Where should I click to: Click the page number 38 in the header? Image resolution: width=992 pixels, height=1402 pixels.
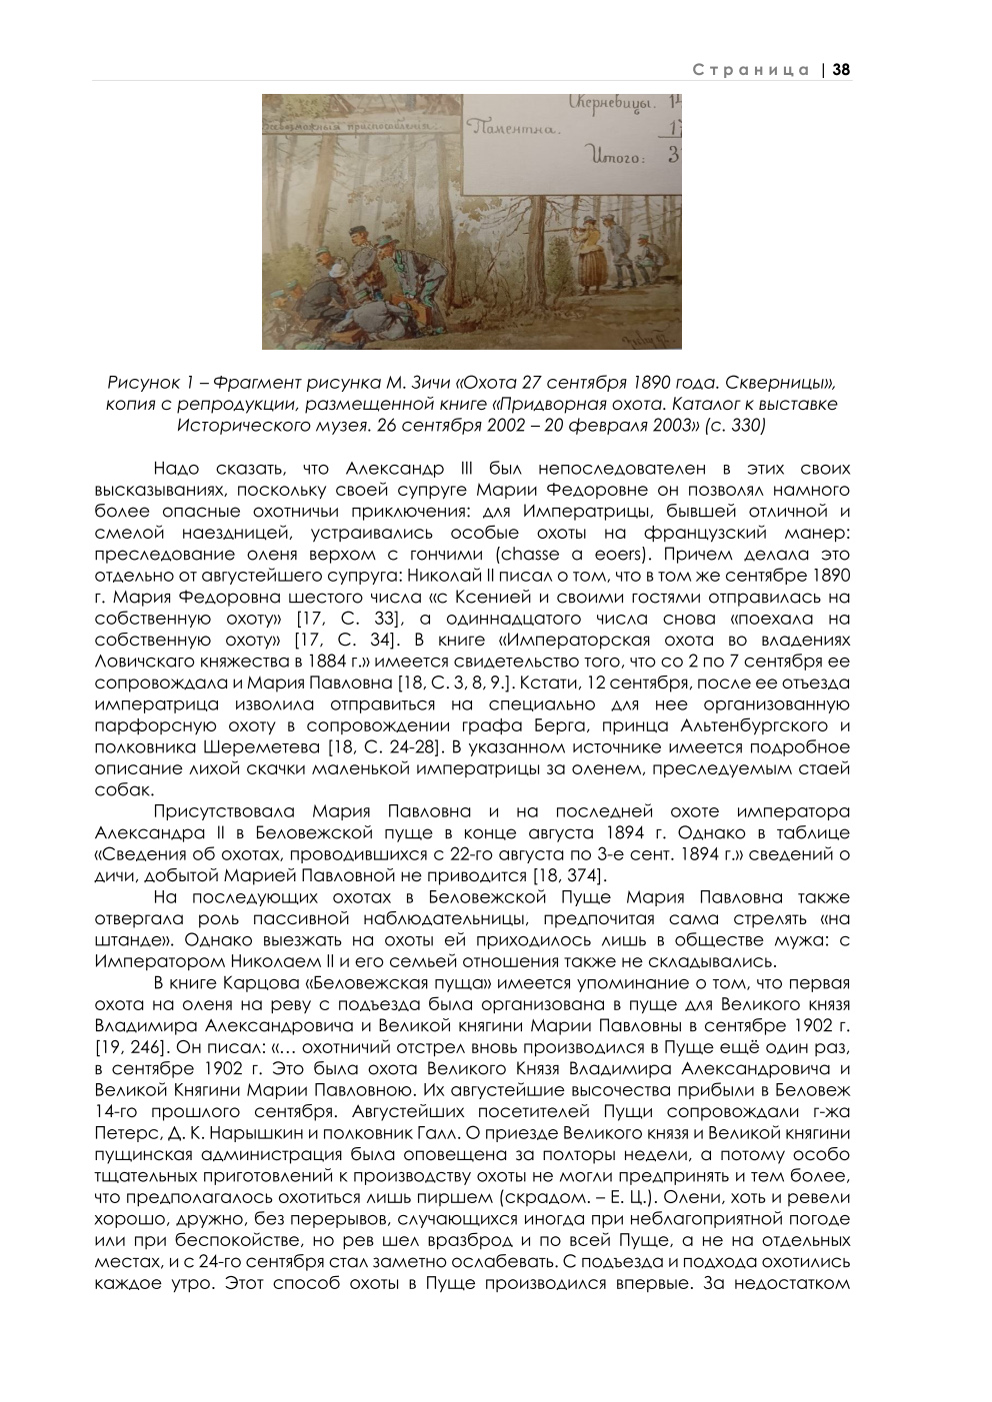(x=841, y=69)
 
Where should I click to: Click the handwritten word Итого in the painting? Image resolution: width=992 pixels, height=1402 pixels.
(x=618, y=157)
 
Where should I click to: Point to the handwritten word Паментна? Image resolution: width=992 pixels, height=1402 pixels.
(x=511, y=128)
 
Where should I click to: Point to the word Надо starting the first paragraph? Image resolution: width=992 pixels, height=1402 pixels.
(x=178, y=468)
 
